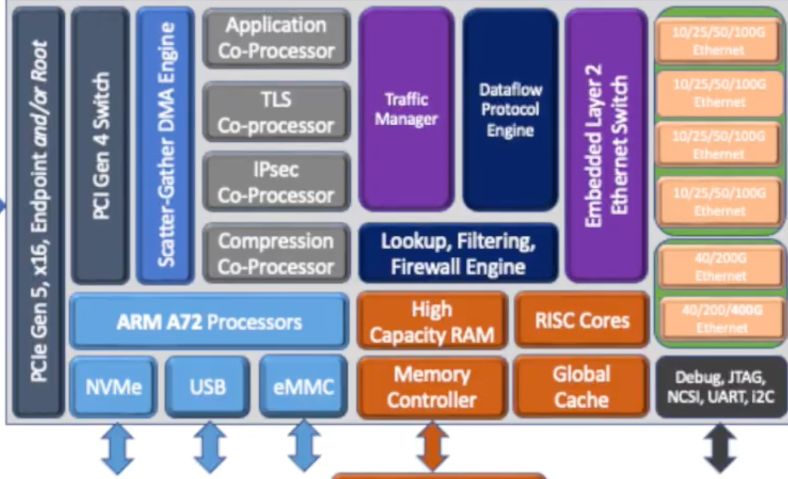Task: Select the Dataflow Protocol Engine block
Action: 510,109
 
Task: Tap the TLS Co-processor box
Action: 276,113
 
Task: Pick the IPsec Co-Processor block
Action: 276,182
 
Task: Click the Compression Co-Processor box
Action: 276,253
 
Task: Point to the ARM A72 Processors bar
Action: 209,322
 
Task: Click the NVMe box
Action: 113,387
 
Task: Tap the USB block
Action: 208,387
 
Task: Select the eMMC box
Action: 304,387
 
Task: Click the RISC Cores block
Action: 582,320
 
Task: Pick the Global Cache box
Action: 582,386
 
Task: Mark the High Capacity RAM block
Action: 432,321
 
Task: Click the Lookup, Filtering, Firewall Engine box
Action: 458,254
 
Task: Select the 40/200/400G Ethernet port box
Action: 720,318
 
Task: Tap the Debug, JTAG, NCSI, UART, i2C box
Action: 721,386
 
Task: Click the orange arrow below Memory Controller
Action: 432,446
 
